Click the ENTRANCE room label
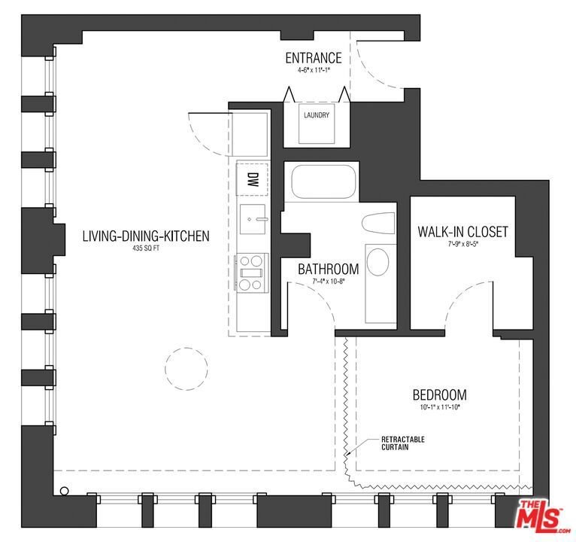(314, 58)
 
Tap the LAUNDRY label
(317, 115)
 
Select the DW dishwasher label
(252, 179)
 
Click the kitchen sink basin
(253, 219)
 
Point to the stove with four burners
(252, 273)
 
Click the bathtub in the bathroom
(323, 181)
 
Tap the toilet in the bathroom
(378, 223)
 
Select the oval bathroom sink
(377, 262)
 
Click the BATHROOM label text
(328, 269)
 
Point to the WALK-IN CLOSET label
(462, 232)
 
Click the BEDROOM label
(440, 395)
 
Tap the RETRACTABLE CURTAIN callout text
(402, 443)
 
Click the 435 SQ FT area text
(146, 248)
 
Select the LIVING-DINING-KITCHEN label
(146, 236)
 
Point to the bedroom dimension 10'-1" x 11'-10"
(440, 407)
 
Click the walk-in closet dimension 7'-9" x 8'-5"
(462, 244)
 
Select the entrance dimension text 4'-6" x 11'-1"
(314, 70)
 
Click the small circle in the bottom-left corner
(64, 491)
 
